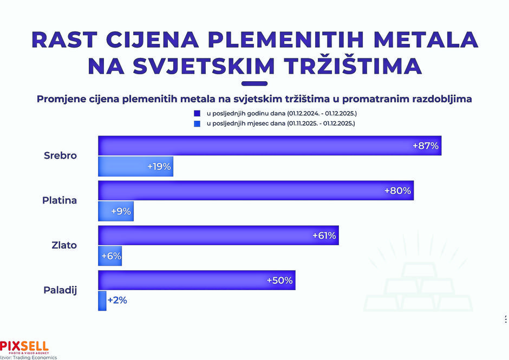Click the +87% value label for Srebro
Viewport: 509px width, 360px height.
(425, 146)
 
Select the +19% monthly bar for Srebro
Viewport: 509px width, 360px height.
(135, 167)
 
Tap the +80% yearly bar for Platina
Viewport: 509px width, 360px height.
(256, 191)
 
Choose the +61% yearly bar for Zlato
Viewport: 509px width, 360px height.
(218, 236)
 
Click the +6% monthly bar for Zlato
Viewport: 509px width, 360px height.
(110, 256)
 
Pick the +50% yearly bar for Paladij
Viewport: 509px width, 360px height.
(197, 280)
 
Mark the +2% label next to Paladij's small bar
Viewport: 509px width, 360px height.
(117, 300)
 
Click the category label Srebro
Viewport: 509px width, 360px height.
(60, 156)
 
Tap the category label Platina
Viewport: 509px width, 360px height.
(60, 201)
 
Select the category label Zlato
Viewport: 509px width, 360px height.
(64, 245)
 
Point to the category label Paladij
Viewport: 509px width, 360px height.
(60, 290)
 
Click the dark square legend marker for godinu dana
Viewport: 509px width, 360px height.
(197, 114)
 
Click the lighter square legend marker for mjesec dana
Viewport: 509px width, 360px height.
(197, 124)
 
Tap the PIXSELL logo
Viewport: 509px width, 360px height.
(24, 345)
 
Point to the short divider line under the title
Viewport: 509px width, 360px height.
(254, 83)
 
